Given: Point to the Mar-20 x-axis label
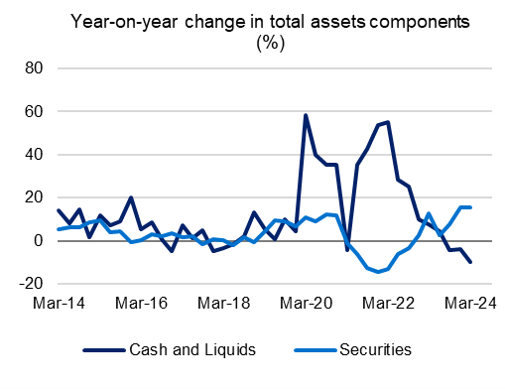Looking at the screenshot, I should pos(310,303).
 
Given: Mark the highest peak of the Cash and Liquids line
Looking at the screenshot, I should pos(306,115).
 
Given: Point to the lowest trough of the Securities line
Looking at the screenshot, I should pos(378,272).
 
